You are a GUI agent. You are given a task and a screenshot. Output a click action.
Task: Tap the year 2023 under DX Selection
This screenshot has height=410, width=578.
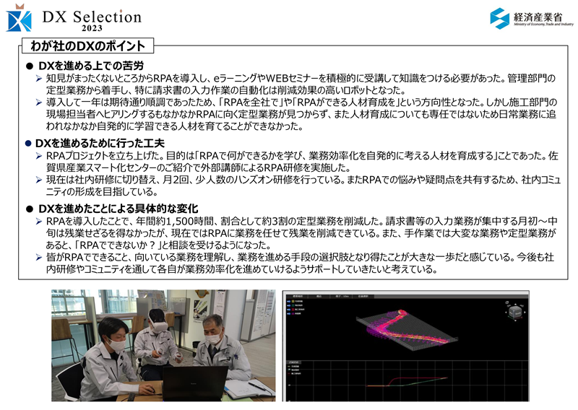point(92,28)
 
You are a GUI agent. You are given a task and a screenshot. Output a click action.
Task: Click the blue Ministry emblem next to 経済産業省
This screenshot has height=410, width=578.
point(499,18)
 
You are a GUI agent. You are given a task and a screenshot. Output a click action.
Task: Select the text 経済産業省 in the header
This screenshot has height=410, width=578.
point(538,17)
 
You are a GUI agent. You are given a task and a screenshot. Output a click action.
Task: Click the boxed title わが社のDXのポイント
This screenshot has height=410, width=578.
point(87,45)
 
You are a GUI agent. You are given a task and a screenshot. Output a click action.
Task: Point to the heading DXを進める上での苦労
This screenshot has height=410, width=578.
point(91,66)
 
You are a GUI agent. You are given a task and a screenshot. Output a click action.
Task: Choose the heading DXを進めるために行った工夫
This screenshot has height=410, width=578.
point(100,143)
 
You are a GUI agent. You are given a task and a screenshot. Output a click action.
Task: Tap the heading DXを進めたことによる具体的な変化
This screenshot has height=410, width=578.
point(118,209)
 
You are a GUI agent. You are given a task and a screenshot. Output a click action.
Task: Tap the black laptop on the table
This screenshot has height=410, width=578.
point(194,383)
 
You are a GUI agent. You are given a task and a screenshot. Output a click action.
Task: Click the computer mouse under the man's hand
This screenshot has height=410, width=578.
point(150,390)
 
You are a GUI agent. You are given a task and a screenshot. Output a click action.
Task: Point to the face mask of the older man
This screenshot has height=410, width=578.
point(215,339)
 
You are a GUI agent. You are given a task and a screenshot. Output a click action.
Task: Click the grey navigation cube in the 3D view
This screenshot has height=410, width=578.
point(515,312)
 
